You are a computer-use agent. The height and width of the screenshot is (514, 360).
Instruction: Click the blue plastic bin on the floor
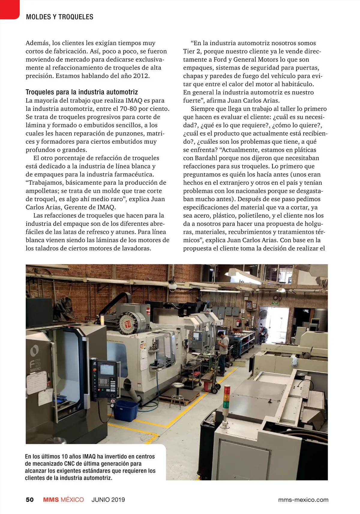[x=126, y=410]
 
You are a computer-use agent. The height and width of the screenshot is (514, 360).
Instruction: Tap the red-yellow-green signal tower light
[x=227, y=396]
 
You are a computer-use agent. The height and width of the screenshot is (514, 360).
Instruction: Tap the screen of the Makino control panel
[x=107, y=369]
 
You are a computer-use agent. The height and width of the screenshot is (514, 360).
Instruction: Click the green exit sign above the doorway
[x=275, y=303]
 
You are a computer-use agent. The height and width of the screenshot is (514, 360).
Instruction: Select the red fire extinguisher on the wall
[x=238, y=322]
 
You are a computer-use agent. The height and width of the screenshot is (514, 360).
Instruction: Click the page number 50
[x=30, y=500]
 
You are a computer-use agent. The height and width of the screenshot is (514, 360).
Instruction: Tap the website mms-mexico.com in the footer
[x=303, y=500]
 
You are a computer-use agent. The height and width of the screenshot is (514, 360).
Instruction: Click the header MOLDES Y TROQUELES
[x=60, y=17]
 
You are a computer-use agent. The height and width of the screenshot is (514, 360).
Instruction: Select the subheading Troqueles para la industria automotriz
[x=82, y=92]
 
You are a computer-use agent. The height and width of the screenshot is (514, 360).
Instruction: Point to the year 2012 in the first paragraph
[x=141, y=76]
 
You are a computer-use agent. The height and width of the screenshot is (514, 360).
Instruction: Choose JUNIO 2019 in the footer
[x=108, y=500]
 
